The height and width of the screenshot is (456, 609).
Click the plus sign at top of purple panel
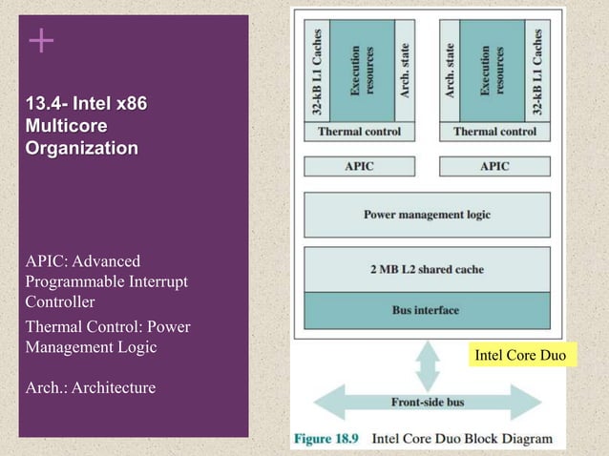(40, 40)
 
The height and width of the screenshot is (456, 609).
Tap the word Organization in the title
(82, 148)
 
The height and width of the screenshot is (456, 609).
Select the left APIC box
(359, 166)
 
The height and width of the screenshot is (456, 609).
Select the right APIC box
(494, 166)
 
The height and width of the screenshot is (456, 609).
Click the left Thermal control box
(359, 131)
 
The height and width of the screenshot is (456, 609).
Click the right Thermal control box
(494, 131)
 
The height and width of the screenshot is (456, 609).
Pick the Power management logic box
(427, 215)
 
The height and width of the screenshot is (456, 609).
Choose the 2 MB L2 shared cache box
(427, 270)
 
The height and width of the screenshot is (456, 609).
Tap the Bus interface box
(427, 310)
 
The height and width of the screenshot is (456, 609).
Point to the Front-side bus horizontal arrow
(427, 402)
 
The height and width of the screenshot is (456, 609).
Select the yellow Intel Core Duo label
(519, 356)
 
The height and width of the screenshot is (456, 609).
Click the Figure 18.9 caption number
(327, 440)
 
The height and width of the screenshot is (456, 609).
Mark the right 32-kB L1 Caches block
(538, 69)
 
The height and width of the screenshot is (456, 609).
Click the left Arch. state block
(405, 69)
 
